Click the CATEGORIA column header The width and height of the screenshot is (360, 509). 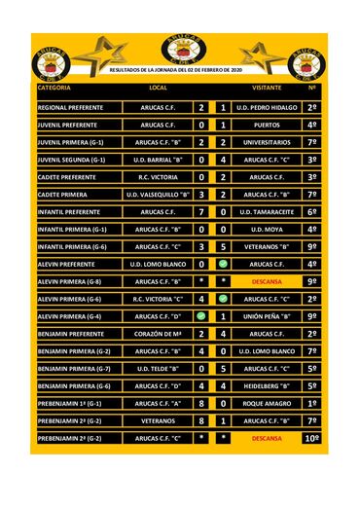pyautogui.click(x=54, y=88)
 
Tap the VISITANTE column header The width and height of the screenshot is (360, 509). pyautogui.click(x=266, y=88)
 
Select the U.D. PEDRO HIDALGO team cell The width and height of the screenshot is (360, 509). pyautogui.click(x=266, y=107)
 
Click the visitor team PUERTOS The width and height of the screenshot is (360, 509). pyautogui.click(x=266, y=125)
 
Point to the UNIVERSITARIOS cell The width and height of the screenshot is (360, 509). pyautogui.click(x=266, y=142)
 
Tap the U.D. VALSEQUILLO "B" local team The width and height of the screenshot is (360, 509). pyautogui.click(x=158, y=195)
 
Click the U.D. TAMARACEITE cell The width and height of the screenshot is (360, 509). pyautogui.click(x=266, y=211)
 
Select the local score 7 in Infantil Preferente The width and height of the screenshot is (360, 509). pyautogui.click(x=201, y=211)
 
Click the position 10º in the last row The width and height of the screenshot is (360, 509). pyautogui.click(x=311, y=438)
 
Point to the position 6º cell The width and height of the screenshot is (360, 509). pyautogui.click(x=311, y=211)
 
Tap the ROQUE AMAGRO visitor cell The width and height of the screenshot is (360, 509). pyautogui.click(x=266, y=403)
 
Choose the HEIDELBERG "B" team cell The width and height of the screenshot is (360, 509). pyautogui.click(x=266, y=385)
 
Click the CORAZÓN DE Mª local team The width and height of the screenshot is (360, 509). pyautogui.click(x=158, y=334)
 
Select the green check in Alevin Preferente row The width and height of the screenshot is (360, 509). pyautogui.click(x=223, y=264)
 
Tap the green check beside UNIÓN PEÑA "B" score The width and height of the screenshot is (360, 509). pyautogui.click(x=201, y=316)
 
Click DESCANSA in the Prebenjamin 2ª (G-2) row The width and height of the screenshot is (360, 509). pyautogui.click(x=266, y=438)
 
